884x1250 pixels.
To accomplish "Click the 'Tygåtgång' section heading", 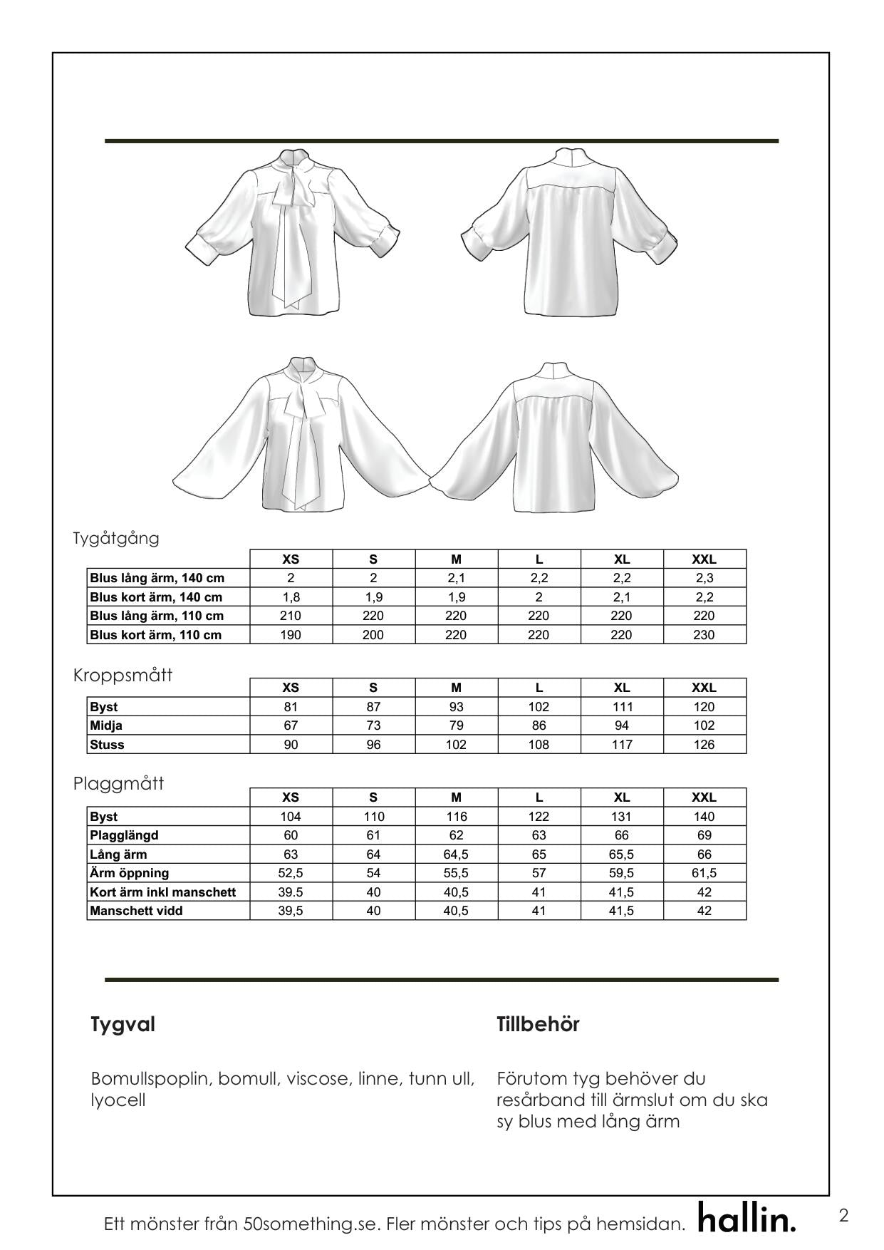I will pos(116,538).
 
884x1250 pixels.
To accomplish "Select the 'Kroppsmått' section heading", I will pos(123,675).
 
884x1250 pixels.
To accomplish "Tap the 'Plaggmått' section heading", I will pos(118,784).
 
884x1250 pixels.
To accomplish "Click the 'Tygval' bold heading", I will pos(123,1025).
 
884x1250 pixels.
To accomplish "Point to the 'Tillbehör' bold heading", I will pos(538,1025).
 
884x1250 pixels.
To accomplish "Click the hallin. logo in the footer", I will pos(747,1219).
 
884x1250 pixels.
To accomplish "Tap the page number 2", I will pos(843,1215).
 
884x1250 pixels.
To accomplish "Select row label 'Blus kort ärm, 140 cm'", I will pos(156,597).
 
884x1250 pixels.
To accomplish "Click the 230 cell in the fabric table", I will pos(704,635).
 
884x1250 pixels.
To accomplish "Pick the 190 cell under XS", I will pos(291,635).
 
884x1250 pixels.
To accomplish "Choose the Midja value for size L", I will pos(539,725).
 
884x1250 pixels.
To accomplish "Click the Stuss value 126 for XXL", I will pos(704,745).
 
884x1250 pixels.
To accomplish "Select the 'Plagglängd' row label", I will pos(124,835).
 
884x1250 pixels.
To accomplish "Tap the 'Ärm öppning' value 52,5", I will pos(291,873).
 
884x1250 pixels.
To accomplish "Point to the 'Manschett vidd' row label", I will pos(136,911).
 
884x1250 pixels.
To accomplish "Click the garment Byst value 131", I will pos(621,817).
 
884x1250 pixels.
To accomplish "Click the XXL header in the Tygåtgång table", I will pos(704,559).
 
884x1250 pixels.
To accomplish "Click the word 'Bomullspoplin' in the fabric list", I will pos(151,1078).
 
